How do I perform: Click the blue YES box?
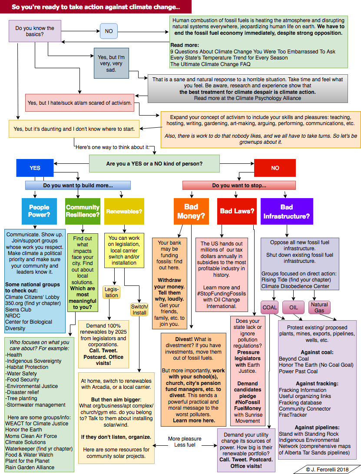tap(35, 168)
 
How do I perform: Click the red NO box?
tap(275, 168)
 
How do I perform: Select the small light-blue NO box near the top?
tap(109, 31)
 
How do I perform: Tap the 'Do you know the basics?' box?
tap(35, 31)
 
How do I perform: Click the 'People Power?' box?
tap(39, 211)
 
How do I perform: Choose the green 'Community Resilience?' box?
tap(83, 211)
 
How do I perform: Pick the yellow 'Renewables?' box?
tap(124, 211)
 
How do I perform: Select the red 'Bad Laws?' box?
tap(237, 211)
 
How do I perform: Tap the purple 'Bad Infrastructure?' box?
tap(287, 211)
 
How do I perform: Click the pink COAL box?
tap(270, 307)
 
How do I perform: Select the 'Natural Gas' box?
tap(319, 307)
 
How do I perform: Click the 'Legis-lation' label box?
tap(112, 292)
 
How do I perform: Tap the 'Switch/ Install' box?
tap(139, 310)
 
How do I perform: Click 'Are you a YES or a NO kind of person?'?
tap(157, 164)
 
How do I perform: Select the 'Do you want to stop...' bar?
tap(239, 186)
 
